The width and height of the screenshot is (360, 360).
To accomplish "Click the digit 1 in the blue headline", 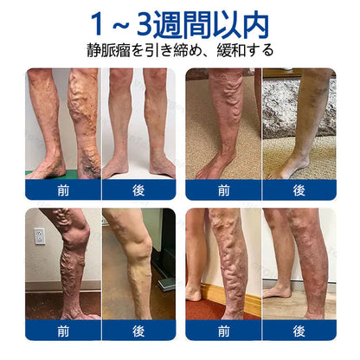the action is pyautogui.click(x=98, y=24).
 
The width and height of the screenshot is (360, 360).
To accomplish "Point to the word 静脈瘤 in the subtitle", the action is pyautogui.click(x=108, y=50).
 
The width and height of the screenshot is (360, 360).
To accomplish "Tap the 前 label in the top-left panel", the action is pyautogui.click(x=63, y=190).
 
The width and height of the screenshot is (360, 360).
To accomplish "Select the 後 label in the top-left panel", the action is pyautogui.click(x=138, y=190).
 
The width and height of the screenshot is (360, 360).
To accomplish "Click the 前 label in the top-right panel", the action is pyautogui.click(x=223, y=190).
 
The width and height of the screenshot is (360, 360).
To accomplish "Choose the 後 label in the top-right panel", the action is pyautogui.click(x=299, y=190).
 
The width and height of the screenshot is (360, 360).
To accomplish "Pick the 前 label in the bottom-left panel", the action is pyautogui.click(x=63, y=331).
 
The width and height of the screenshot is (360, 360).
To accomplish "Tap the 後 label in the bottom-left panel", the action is pyautogui.click(x=138, y=331).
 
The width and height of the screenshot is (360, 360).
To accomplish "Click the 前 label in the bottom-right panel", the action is pyautogui.click(x=223, y=331).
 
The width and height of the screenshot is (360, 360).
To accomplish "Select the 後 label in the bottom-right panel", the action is pyautogui.click(x=299, y=331).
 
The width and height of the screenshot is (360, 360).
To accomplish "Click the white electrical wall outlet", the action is pyautogui.click(x=40, y=236).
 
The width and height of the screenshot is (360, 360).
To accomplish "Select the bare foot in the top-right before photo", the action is pyautogui.click(x=215, y=166).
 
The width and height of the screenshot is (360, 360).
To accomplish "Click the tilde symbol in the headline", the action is pyautogui.click(x=119, y=26).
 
